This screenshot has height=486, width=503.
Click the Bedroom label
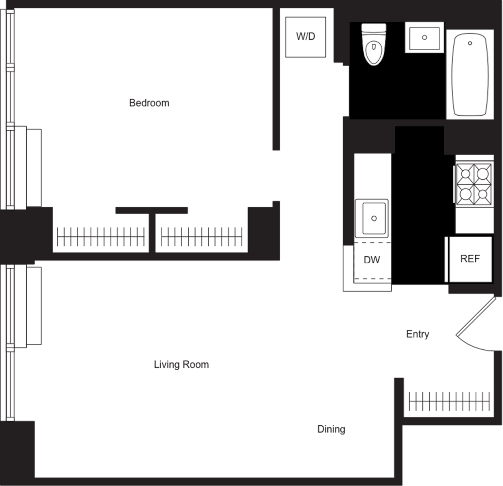coord(149,103)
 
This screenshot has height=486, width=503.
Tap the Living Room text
coord(181,364)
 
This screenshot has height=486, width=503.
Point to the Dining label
coord(331,429)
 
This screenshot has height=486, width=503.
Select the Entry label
coord(418,334)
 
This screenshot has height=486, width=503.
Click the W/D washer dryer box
coord(305,36)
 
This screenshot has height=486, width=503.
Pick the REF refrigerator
coord(469,259)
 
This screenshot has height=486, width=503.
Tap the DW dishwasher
coord(372,260)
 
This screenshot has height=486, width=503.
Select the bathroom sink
coord(424,37)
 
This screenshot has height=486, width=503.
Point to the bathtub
coord(469,74)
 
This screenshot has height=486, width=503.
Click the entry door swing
coord(473,323)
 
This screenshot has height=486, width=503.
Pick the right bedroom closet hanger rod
coord(201,237)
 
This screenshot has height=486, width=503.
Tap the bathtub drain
coord(469,43)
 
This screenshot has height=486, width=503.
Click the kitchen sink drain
coord(374,219)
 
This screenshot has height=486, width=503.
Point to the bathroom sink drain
coord(424,37)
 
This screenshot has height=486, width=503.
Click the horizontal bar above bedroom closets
coord(151,210)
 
